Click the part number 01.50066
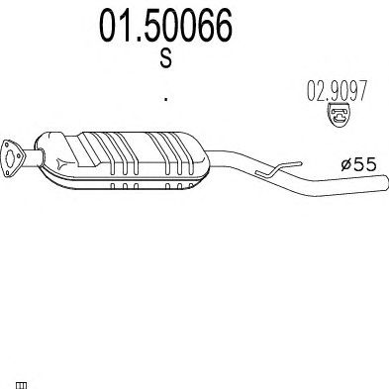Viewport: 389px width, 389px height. coord(166,26)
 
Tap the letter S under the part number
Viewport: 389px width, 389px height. coord(166,58)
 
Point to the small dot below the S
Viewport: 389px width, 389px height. coord(166,98)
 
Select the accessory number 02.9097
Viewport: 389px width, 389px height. coord(337,91)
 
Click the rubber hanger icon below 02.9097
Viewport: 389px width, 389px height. coord(339,115)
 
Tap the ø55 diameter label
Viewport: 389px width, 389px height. coord(358,164)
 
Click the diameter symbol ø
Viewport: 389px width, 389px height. coord(346,164)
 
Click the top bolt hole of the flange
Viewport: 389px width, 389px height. coord(6,145)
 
